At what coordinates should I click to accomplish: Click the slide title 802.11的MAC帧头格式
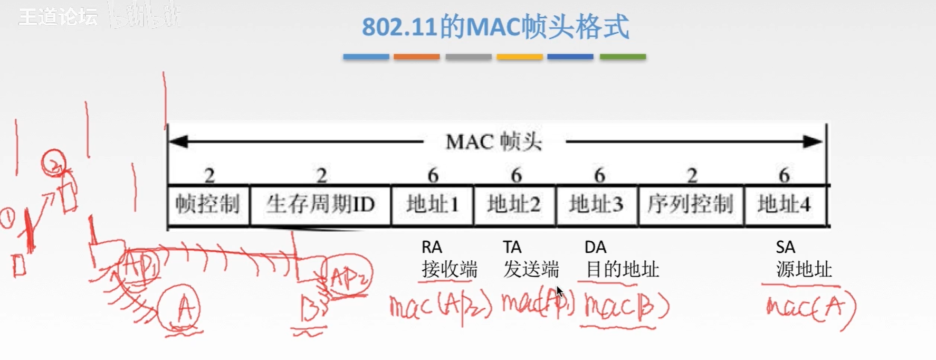tap(495, 27)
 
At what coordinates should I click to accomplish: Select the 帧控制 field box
tap(208, 204)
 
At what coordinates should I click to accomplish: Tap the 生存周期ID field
tap(320, 204)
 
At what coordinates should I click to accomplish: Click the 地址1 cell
tap(432, 204)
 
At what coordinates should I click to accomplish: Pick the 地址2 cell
tap(514, 204)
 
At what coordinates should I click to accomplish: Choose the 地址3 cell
tap(597, 204)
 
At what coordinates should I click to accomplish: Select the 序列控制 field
tap(691, 204)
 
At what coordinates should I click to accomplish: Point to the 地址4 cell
tap(784, 204)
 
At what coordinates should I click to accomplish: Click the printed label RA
tap(432, 247)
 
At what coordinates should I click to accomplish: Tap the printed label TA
tap(512, 247)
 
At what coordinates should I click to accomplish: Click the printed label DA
tap(595, 247)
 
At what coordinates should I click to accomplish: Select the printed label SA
tap(785, 247)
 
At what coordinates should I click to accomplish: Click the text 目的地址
tap(623, 270)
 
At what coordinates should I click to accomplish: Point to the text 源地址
tap(804, 270)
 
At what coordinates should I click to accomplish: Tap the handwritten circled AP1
tap(139, 267)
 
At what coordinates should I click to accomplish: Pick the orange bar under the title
tap(416, 56)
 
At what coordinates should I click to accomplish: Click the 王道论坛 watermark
tap(58, 17)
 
